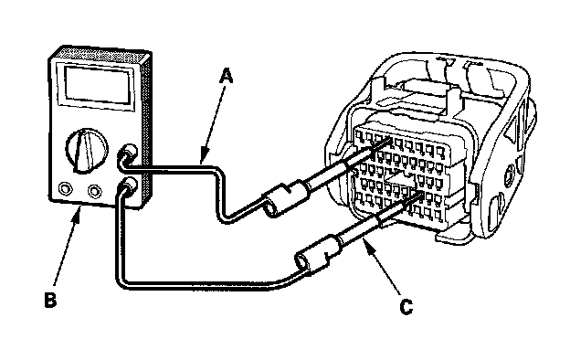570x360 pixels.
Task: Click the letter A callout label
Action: pyautogui.click(x=227, y=78)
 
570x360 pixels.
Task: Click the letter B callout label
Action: pyautogui.click(x=50, y=300)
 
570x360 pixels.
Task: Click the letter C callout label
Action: pyautogui.click(x=406, y=307)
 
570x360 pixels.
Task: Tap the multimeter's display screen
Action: pyautogui.click(x=98, y=84)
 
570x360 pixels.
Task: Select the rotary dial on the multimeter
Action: pyautogui.click(x=87, y=150)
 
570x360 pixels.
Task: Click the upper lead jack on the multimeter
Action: pyautogui.click(x=128, y=154)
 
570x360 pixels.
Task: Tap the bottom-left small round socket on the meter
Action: pyautogui.click(x=66, y=189)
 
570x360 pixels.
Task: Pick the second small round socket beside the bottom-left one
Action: pyautogui.click(x=94, y=191)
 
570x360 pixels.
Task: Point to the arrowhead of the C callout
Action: pyautogui.click(x=368, y=246)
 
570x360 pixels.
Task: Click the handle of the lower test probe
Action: pyautogui.click(x=319, y=252)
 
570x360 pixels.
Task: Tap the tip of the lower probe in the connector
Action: pyautogui.click(x=421, y=194)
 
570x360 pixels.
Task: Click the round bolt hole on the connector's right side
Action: pyautogui.click(x=510, y=175)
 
